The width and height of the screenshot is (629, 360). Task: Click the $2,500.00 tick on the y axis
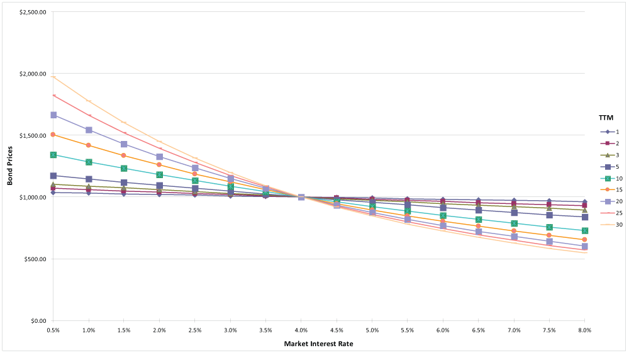point(33,12)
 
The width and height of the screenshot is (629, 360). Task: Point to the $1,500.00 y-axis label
point(33,135)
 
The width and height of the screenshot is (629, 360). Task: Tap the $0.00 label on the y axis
point(36,321)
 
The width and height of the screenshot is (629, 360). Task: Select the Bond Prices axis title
point(10,167)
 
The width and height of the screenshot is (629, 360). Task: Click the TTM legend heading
point(605,118)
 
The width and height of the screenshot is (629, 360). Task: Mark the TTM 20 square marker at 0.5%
point(53,115)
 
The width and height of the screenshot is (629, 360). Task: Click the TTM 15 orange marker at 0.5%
point(53,135)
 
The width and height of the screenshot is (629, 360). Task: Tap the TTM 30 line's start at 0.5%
point(53,77)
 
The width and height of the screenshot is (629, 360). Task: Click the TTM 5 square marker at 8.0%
point(585,217)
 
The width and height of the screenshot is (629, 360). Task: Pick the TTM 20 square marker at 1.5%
point(124,144)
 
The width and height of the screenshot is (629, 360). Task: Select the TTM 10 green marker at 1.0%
point(89,162)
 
